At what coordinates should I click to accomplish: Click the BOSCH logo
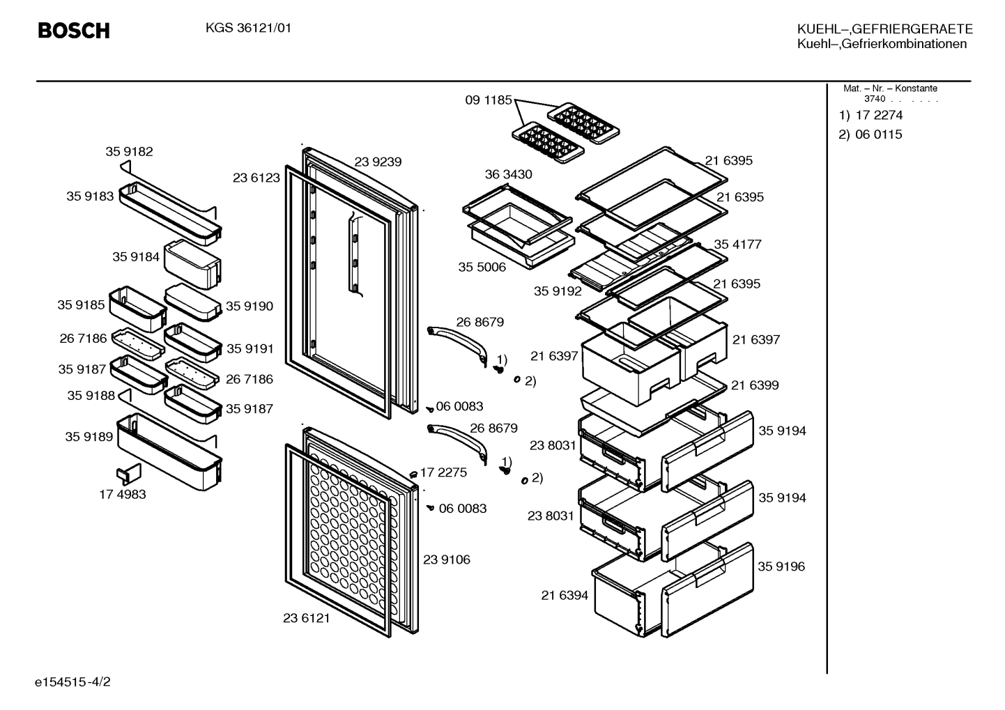74,31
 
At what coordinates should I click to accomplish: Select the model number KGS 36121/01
249,29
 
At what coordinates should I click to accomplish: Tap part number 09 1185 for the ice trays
488,100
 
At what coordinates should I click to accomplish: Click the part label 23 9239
378,162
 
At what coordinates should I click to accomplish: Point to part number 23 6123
256,178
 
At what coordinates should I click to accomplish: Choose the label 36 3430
508,174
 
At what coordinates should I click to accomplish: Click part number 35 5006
482,267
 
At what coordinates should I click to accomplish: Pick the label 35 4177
737,245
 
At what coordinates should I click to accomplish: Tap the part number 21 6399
755,385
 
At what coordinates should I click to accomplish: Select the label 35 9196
781,566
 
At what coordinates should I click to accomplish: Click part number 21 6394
565,595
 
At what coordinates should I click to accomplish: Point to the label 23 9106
447,559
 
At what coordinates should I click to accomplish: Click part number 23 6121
307,618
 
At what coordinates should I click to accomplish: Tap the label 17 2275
443,472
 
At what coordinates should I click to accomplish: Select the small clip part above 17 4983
129,474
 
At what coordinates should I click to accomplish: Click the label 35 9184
136,257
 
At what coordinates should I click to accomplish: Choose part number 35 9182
129,152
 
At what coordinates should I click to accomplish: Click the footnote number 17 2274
879,115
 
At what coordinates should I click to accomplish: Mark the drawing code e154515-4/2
72,682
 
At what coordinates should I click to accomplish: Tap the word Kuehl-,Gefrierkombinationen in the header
882,44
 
